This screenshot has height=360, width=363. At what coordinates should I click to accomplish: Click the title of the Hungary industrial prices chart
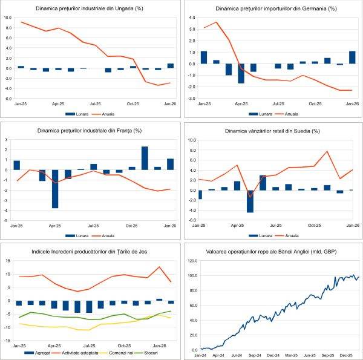[90, 8]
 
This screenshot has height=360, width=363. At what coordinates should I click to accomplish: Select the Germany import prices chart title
[272, 8]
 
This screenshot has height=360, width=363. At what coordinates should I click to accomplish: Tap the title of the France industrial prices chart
[90, 130]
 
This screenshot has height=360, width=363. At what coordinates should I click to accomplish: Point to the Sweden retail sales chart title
[272, 130]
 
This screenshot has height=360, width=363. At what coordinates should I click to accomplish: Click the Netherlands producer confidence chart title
[90, 252]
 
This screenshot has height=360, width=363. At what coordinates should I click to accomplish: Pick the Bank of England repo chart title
[272, 252]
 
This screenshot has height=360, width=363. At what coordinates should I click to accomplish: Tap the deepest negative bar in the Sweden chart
[250, 201]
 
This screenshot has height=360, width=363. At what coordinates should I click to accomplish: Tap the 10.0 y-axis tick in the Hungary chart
[8, 18]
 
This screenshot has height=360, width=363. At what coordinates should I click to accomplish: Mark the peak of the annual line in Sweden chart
[327, 151]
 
